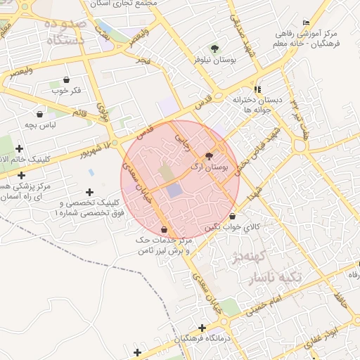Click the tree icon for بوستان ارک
tap(209, 155)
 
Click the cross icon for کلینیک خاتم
tap(19, 148)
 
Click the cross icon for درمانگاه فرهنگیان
tap(202, 328)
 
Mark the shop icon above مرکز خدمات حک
tap(164, 229)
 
